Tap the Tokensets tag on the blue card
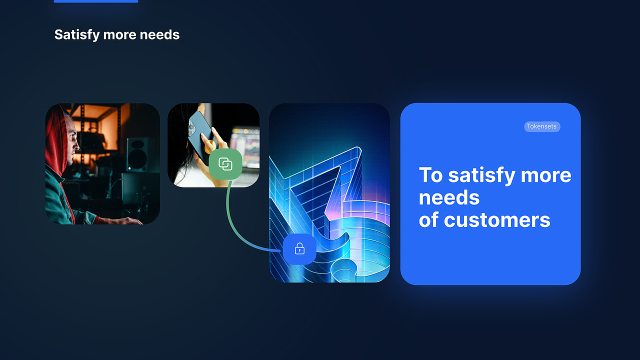pyautogui.click(x=542, y=126)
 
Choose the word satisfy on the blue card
pyautogui.click(x=481, y=175)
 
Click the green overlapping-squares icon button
pyautogui.click(x=225, y=164)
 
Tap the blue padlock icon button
pyautogui.click(x=299, y=248)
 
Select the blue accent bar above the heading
pyautogui.click(x=95, y=1)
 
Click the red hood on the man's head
pyautogui.click(x=54, y=135)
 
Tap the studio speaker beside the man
pyautogui.click(x=137, y=154)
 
